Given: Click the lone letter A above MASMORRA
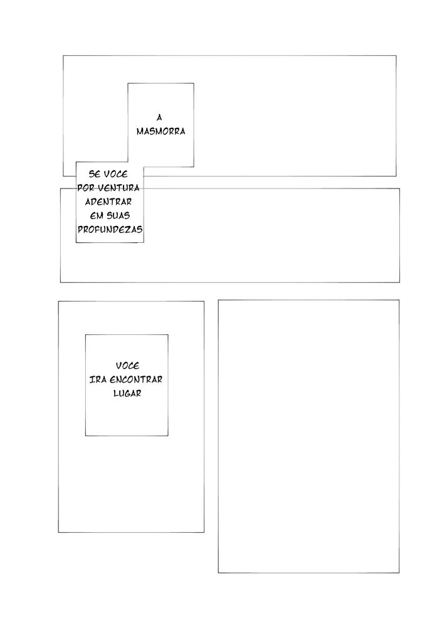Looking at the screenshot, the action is tap(159, 118).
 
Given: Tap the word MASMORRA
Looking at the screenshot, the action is tap(160, 131).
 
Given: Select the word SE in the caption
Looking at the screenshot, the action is tap(95, 174).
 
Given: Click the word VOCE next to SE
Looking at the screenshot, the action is tap(116, 174).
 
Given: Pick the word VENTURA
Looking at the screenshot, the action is tap(118, 188).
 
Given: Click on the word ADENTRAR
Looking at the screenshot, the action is tap(108, 202).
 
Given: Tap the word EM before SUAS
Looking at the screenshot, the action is tap(97, 216).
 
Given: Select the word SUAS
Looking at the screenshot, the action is tap(118, 216).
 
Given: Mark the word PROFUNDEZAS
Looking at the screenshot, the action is tap(110, 230).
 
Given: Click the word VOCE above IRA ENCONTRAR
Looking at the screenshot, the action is tap(127, 366).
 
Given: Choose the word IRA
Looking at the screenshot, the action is tap(98, 380).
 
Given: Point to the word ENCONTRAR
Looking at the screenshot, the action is tap(136, 380).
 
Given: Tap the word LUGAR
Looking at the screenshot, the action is tap(127, 394).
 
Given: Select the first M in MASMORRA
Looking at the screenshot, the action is tap(140, 131).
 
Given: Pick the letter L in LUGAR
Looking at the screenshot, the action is tap(116, 394).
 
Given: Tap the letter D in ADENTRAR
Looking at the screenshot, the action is tap(95, 202).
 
